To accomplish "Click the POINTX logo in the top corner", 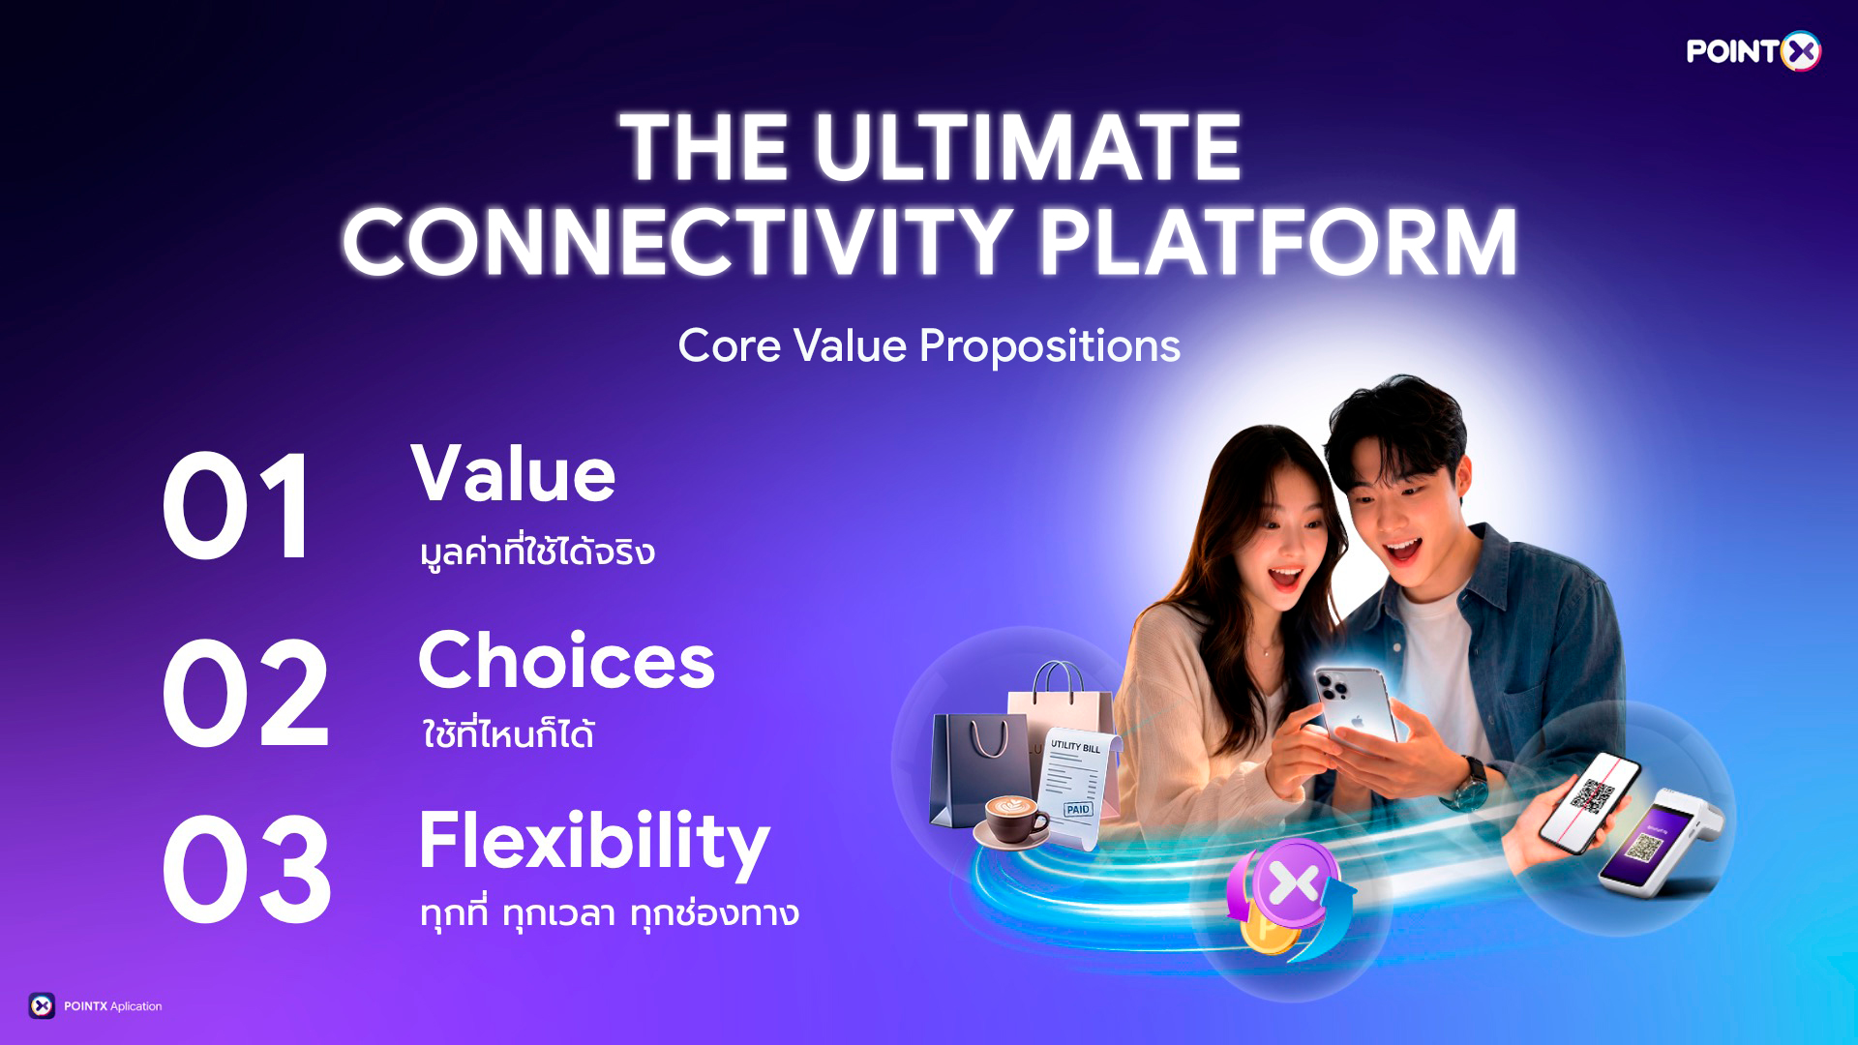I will point(1753,51).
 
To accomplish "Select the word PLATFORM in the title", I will point(1277,243).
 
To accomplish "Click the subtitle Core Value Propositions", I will point(929,345).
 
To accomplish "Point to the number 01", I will point(238,507).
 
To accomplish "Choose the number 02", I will point(246,693).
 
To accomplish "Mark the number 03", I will point(247,870).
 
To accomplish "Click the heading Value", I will point(513,474).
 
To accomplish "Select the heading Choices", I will point(566,661).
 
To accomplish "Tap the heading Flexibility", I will point(594,841).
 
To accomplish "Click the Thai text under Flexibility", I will point(610,913).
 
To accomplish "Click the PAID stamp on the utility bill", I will point(1078,809).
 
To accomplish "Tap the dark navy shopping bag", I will point(977,769).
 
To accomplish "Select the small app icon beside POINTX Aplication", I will point(42,1006).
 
